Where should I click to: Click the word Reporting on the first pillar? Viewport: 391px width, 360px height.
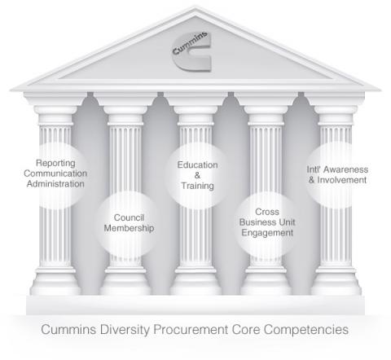pyautogui.click(x=55, y=163)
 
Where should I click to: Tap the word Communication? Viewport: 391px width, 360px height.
pyautogui.click(x=55, y=173)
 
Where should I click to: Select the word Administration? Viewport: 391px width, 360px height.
pyautogui.click(x=55, y=184)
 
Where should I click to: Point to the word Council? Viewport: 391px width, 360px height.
pyautogui.click(x=129, y=217)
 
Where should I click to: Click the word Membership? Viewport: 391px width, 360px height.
pyautogui.click(x=129, y=228)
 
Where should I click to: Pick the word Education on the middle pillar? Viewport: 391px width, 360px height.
pyautogui.click(x=197, y=165)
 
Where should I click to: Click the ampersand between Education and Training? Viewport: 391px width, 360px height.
pyautogui.click(x=197, y=175)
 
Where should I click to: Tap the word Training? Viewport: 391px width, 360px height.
pyautogui.click(x=197, y=186)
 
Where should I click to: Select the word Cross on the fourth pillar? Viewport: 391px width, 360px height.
pyautogui.click(x=267, y=212)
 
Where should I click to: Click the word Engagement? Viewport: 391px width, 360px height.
pyautogui.click(x=267, y=233)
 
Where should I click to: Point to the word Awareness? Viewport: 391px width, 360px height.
pyautogui.click(x=345, y=169)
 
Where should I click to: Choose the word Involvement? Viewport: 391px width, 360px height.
pyautogui.click(x=342, y=180)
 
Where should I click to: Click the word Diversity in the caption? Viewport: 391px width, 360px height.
pyautogui.click(x=125, y=330)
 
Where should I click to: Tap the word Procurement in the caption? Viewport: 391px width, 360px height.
pyautogui.click(x=191, y=330)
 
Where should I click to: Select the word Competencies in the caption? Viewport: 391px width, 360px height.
pyautogui.click(x=306, y=330)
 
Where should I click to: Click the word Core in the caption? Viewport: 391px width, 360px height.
pyautogui.click(x=246, y=330)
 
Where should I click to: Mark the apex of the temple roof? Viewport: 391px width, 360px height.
pyautogui.click(x=195, y=7)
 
